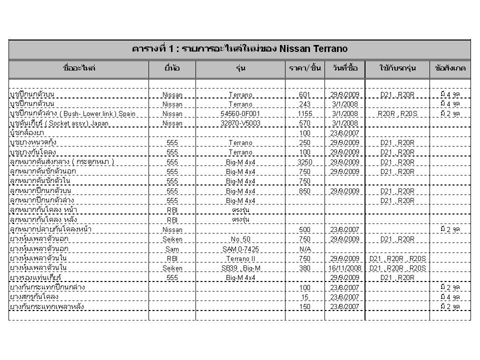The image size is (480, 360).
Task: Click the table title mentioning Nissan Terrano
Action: (239, 48)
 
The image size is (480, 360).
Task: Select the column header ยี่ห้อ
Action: (172, 68)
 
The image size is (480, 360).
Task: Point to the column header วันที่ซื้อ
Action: (344, 68)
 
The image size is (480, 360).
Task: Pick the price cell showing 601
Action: (304, 94)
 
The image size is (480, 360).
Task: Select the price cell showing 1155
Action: (304, 113)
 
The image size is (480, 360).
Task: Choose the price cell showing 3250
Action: (304, 162)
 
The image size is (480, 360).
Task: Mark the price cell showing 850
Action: (304, 191)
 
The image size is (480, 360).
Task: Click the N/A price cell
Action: (304, 248)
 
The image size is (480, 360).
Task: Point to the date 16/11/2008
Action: (344, 268)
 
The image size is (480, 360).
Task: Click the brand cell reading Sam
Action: (172, 248)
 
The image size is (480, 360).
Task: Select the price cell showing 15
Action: (304, 296)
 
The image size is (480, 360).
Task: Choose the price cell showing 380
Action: (304, 268)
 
